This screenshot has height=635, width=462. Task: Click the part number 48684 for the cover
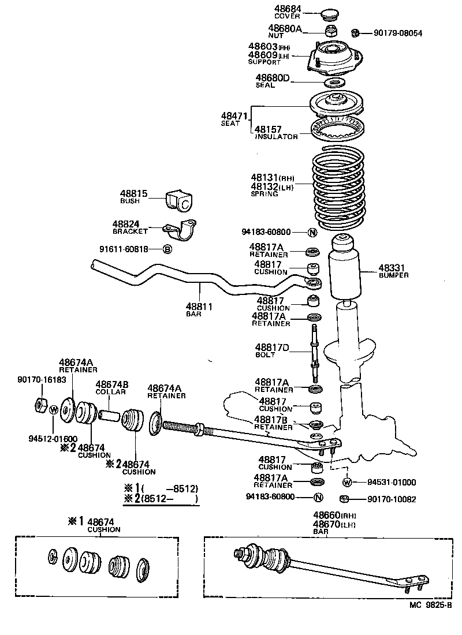287,9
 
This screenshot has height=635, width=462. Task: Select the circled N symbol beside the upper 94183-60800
312,233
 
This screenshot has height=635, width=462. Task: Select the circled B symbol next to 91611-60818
167,249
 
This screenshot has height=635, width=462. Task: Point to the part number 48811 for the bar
199,307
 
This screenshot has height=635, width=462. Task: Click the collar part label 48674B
112,384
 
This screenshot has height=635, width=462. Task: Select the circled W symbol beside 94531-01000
347,482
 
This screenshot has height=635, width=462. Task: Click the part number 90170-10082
392,499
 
